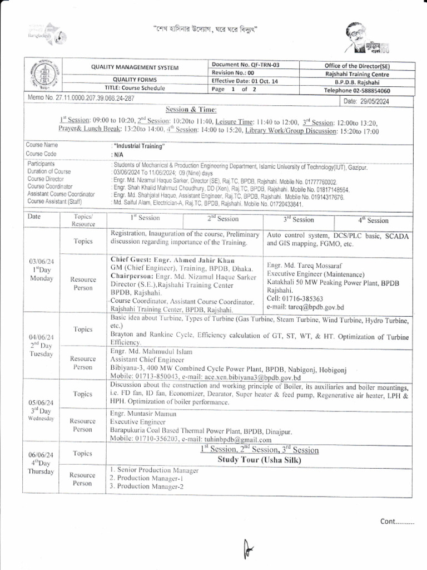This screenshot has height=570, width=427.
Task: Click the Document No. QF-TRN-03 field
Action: click(x=245, y=65)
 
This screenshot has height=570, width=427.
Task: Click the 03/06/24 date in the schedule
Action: click(x=42, y=261)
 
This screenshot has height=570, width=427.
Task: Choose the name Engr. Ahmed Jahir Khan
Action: click(x=172, y=260)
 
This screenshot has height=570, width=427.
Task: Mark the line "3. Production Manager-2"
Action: click(x=146, y=486)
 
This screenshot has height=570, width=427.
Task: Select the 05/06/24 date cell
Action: click(x=42, y=402)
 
